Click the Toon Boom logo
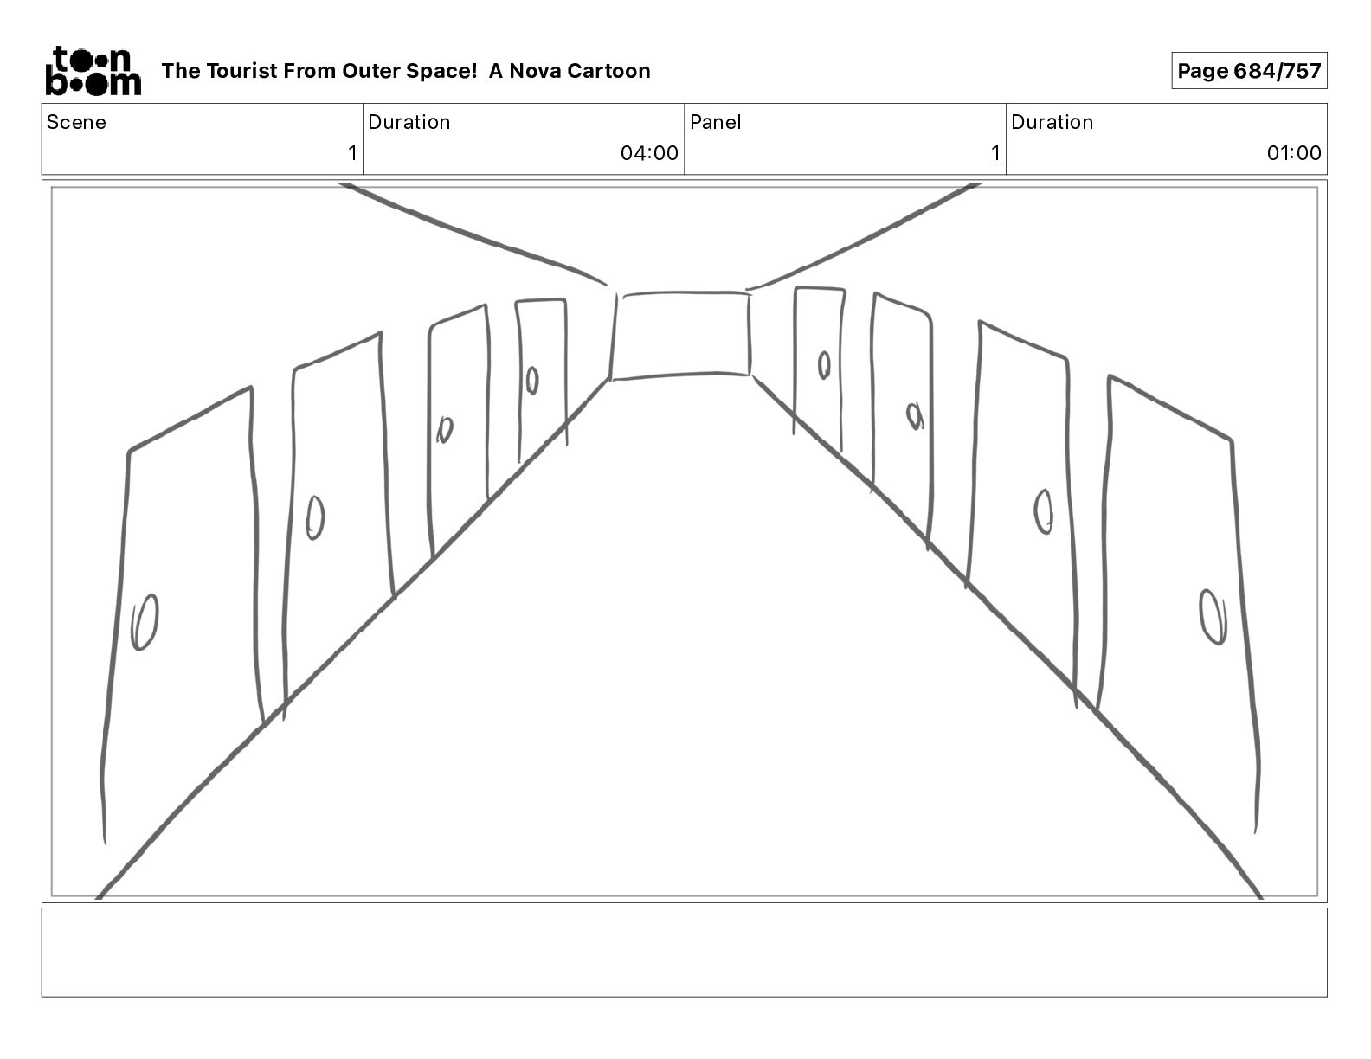93,71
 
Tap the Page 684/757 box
1248,71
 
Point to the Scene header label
76,122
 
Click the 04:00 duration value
648,153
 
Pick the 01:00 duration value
1293,153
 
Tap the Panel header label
715,122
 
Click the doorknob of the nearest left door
145,621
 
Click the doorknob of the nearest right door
1213,616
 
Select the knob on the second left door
315,517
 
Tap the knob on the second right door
1044,511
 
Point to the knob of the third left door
445,429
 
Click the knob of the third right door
914,416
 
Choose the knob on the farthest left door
532,380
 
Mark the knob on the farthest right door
824,365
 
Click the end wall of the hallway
681,335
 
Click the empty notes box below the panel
684,952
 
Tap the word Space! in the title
441,71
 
